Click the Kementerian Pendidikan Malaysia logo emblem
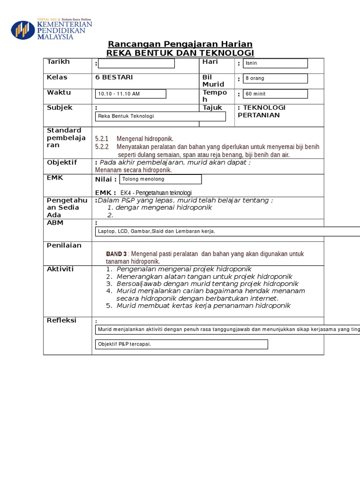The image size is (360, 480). coord(22,30)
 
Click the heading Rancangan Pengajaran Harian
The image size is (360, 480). coord(180,44)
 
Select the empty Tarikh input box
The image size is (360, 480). coord(136,63)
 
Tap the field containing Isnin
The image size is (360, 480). coord(275,63)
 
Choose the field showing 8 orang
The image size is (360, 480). coord(275,78)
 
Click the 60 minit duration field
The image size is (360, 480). coord(275,94)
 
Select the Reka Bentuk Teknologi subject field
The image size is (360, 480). coord(160,116)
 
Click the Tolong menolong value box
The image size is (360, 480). coord(161,179)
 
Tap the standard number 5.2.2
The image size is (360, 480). coord(102,147)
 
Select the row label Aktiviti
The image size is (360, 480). coord(60,269)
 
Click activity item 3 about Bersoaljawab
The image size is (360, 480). coord(202,284)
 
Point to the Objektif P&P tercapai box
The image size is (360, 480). coord(181,345)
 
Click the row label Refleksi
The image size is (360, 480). coord(61,320)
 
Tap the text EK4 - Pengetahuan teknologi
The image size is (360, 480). coord(156,193)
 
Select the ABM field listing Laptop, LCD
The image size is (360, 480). coord(227,232)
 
